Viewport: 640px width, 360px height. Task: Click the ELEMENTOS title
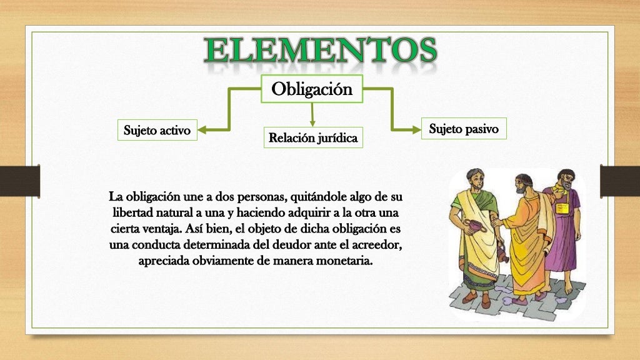[x=320, y=51]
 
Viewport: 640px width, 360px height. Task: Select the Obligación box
[x=312, y=89]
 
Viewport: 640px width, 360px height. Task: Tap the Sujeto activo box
[x=157, y=130]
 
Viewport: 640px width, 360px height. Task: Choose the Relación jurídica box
[x=312, y=137]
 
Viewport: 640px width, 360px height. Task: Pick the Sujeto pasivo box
[x=463, y=129]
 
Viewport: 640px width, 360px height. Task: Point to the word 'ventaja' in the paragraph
[x=160, y=228]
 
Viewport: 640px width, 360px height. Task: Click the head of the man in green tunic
[x=475, y=181]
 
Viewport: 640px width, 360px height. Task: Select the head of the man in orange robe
[x=522, y=185]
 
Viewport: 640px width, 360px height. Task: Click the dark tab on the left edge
[x=20, y=181]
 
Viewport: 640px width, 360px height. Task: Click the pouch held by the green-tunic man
[x=476, y=226]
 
